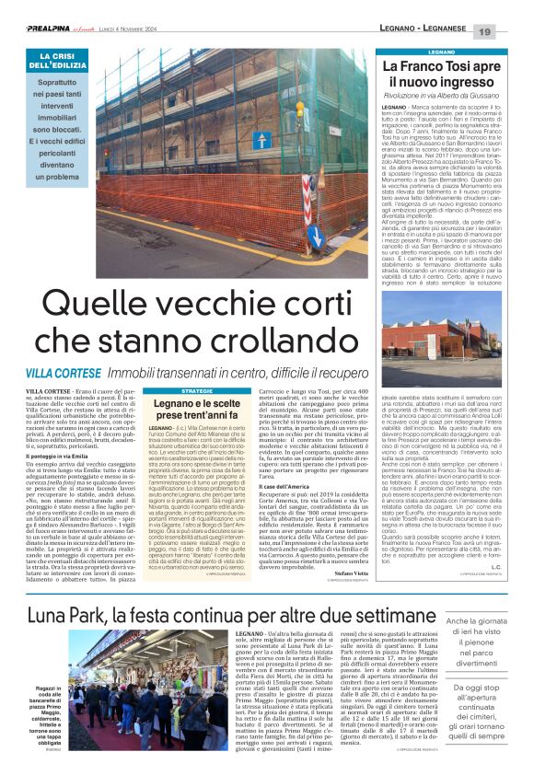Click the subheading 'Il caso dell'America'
285,484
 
